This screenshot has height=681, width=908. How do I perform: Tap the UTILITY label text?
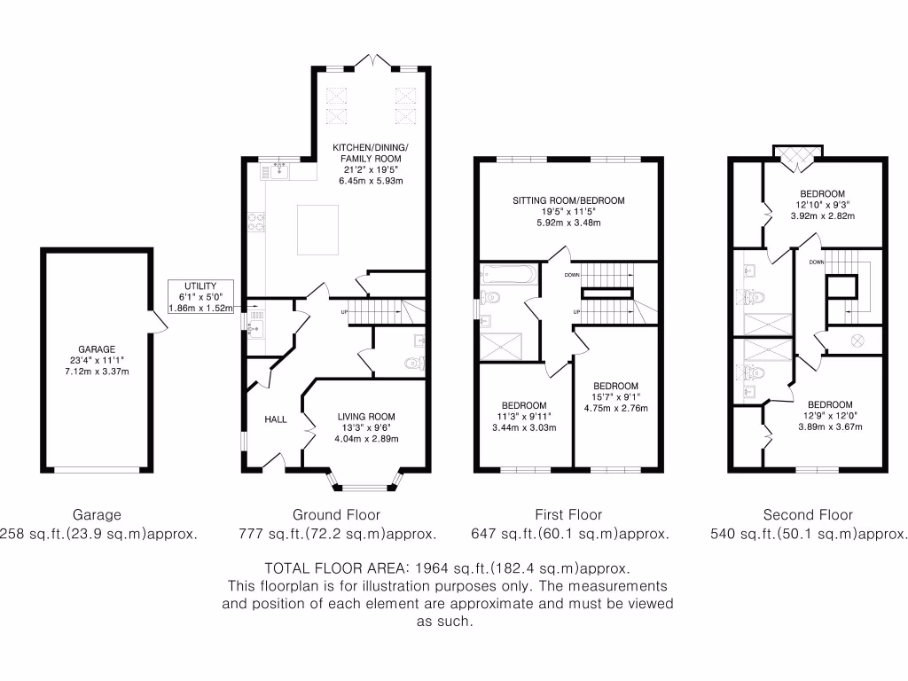(201, 286)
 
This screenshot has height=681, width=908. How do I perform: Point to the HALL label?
(276, 419)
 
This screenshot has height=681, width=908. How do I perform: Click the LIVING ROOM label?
(366, 416)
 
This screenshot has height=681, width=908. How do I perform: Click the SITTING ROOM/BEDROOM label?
(568, 200)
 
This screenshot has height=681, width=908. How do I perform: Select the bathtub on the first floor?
(508, 275)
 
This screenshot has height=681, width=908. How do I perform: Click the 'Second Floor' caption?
(808, 514)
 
